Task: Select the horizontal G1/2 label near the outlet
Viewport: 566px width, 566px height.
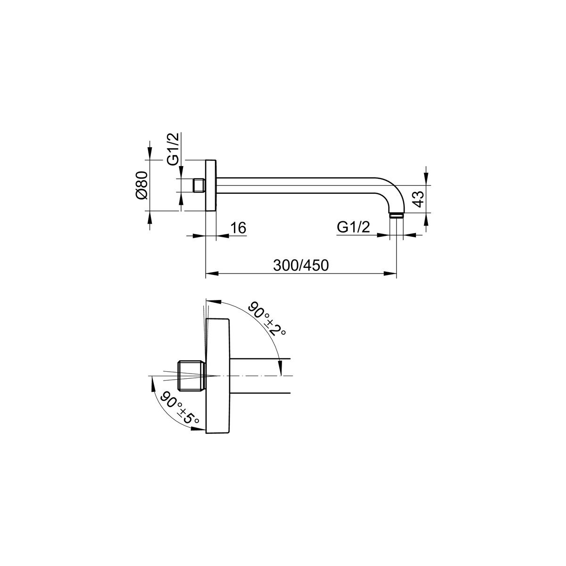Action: point(353,227)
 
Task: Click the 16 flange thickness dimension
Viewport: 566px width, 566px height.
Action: point(238,228)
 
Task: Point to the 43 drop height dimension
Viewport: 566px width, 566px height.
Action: point(419,199)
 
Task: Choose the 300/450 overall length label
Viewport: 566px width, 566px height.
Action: point(301,266)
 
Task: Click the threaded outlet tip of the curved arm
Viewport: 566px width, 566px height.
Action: point(397,215)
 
